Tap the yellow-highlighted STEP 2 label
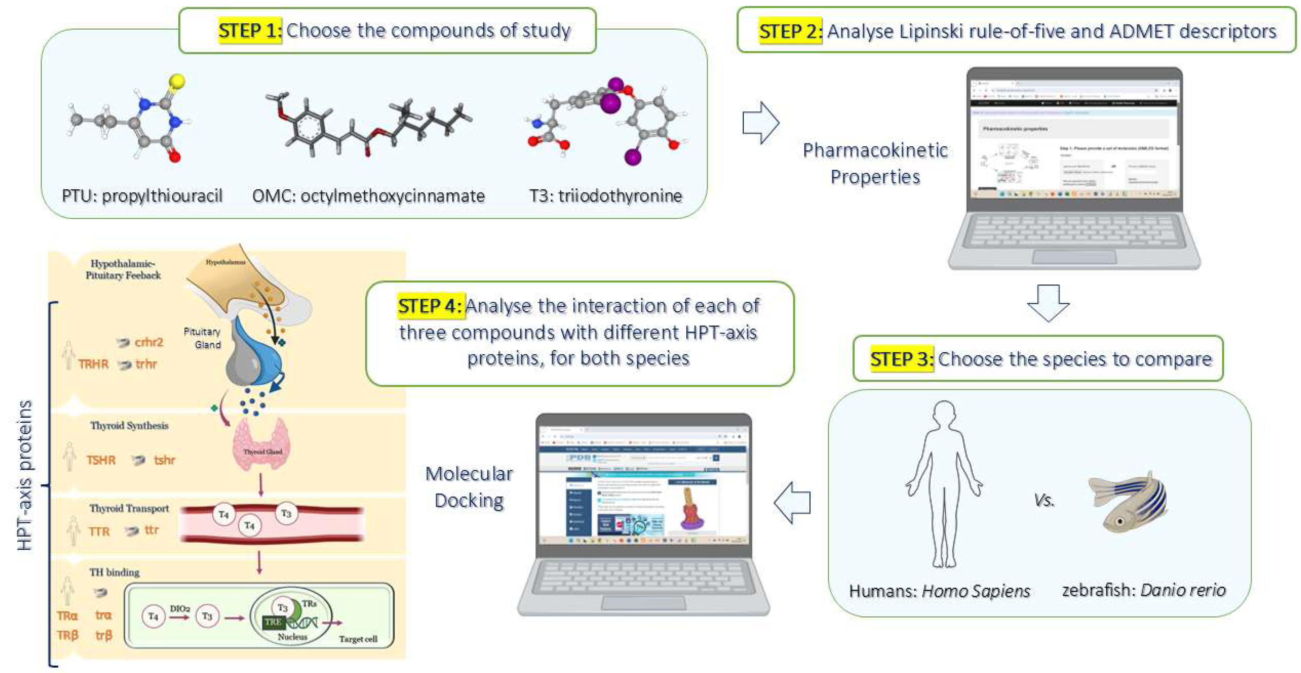point(790,31)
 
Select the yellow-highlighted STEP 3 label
point(901,359)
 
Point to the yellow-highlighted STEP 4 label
point(430,306)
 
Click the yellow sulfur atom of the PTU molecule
point(177,81)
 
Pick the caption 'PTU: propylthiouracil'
point(142,196)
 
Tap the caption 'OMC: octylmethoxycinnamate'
point(368,196)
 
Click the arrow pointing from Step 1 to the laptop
point(760,123)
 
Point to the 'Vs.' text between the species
point(1044,500)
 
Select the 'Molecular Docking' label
point(469,487)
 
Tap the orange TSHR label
point(101,460)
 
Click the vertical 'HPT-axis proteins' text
point(25,475)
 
